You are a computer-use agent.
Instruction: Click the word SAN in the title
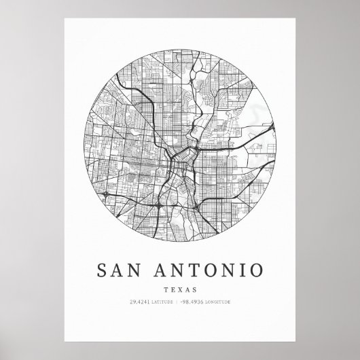tap(120, 269)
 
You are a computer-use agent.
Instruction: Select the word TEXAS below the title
tap(180, 289)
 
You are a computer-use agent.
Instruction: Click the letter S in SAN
tap(103, 269)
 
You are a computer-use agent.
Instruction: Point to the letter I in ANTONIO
tap(243, 269)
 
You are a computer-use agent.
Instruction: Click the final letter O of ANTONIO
tap(256, 269)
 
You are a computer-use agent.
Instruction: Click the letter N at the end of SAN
tap(137, 269)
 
